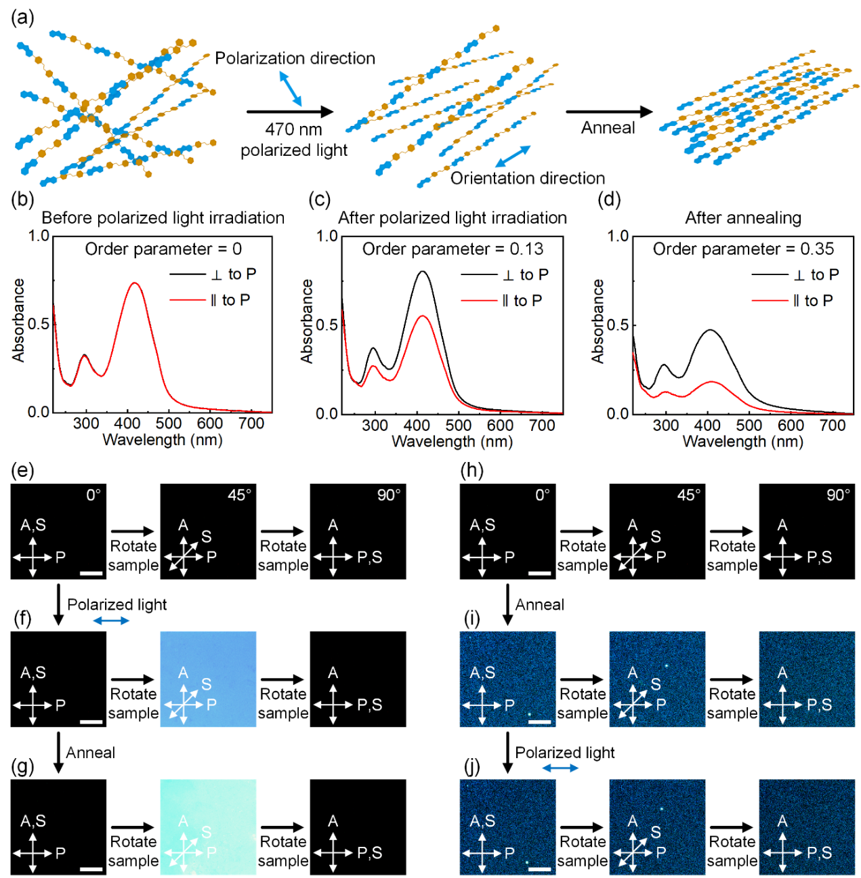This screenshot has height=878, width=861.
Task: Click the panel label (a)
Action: click(22, 17)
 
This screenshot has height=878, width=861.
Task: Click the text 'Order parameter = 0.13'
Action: click(453, 249)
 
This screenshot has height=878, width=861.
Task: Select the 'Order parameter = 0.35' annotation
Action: click(743, 249)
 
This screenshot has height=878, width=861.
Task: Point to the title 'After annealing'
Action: click(743, 217)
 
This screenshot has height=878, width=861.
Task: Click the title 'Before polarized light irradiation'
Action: click(163, 217)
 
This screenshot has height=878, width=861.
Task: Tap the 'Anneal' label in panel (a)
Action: click(608, 128)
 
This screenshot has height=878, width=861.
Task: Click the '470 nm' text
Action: click(293, 129)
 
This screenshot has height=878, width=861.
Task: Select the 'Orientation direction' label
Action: click(527, 178)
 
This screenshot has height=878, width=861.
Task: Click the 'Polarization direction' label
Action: click(295, 58)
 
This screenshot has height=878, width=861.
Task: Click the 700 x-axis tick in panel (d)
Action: click(833, 425)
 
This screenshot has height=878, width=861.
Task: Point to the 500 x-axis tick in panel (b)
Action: click(169, 424)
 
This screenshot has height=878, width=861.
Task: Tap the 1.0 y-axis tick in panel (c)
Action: click(327, 236)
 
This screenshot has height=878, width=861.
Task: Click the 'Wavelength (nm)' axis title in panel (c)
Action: click(452, 442)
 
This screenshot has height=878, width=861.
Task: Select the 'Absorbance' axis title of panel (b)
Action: click(18, 320)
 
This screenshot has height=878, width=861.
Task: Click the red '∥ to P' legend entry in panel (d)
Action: click(793, 301)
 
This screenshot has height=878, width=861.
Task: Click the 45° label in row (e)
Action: click(239, 495)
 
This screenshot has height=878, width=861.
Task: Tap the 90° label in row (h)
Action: click(838, 495)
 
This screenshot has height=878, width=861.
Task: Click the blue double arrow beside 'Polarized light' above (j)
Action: click(560, 768)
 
